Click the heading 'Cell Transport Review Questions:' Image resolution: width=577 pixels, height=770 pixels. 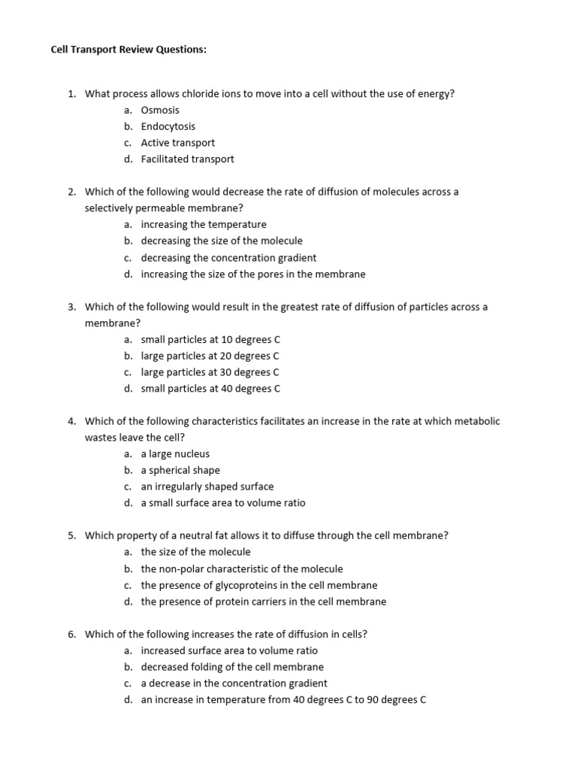click(128, 50)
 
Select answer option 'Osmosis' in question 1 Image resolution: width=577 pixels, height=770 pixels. click(160, 110)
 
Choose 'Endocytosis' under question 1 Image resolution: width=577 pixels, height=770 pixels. click(168, 126)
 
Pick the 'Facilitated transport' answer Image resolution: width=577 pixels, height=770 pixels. click(187, 159)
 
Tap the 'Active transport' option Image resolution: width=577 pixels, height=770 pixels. click(177, 143)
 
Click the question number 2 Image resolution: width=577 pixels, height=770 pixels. click(71, 192)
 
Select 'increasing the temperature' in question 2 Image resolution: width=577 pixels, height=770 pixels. click(203, 224)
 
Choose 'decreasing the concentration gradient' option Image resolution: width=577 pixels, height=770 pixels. click(228, 257)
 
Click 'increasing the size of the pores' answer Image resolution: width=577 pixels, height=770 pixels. click(252, 274)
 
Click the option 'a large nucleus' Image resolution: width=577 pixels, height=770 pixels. click(175, 453)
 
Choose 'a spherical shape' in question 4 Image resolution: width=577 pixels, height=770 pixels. click(180, 470)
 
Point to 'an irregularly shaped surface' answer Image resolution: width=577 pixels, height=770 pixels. click(207, 487)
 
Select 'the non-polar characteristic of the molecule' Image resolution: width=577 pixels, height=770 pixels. click(241, 568)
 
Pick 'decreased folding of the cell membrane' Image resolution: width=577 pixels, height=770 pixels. click(232, 667)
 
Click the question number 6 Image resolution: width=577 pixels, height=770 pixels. click(71, 634)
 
